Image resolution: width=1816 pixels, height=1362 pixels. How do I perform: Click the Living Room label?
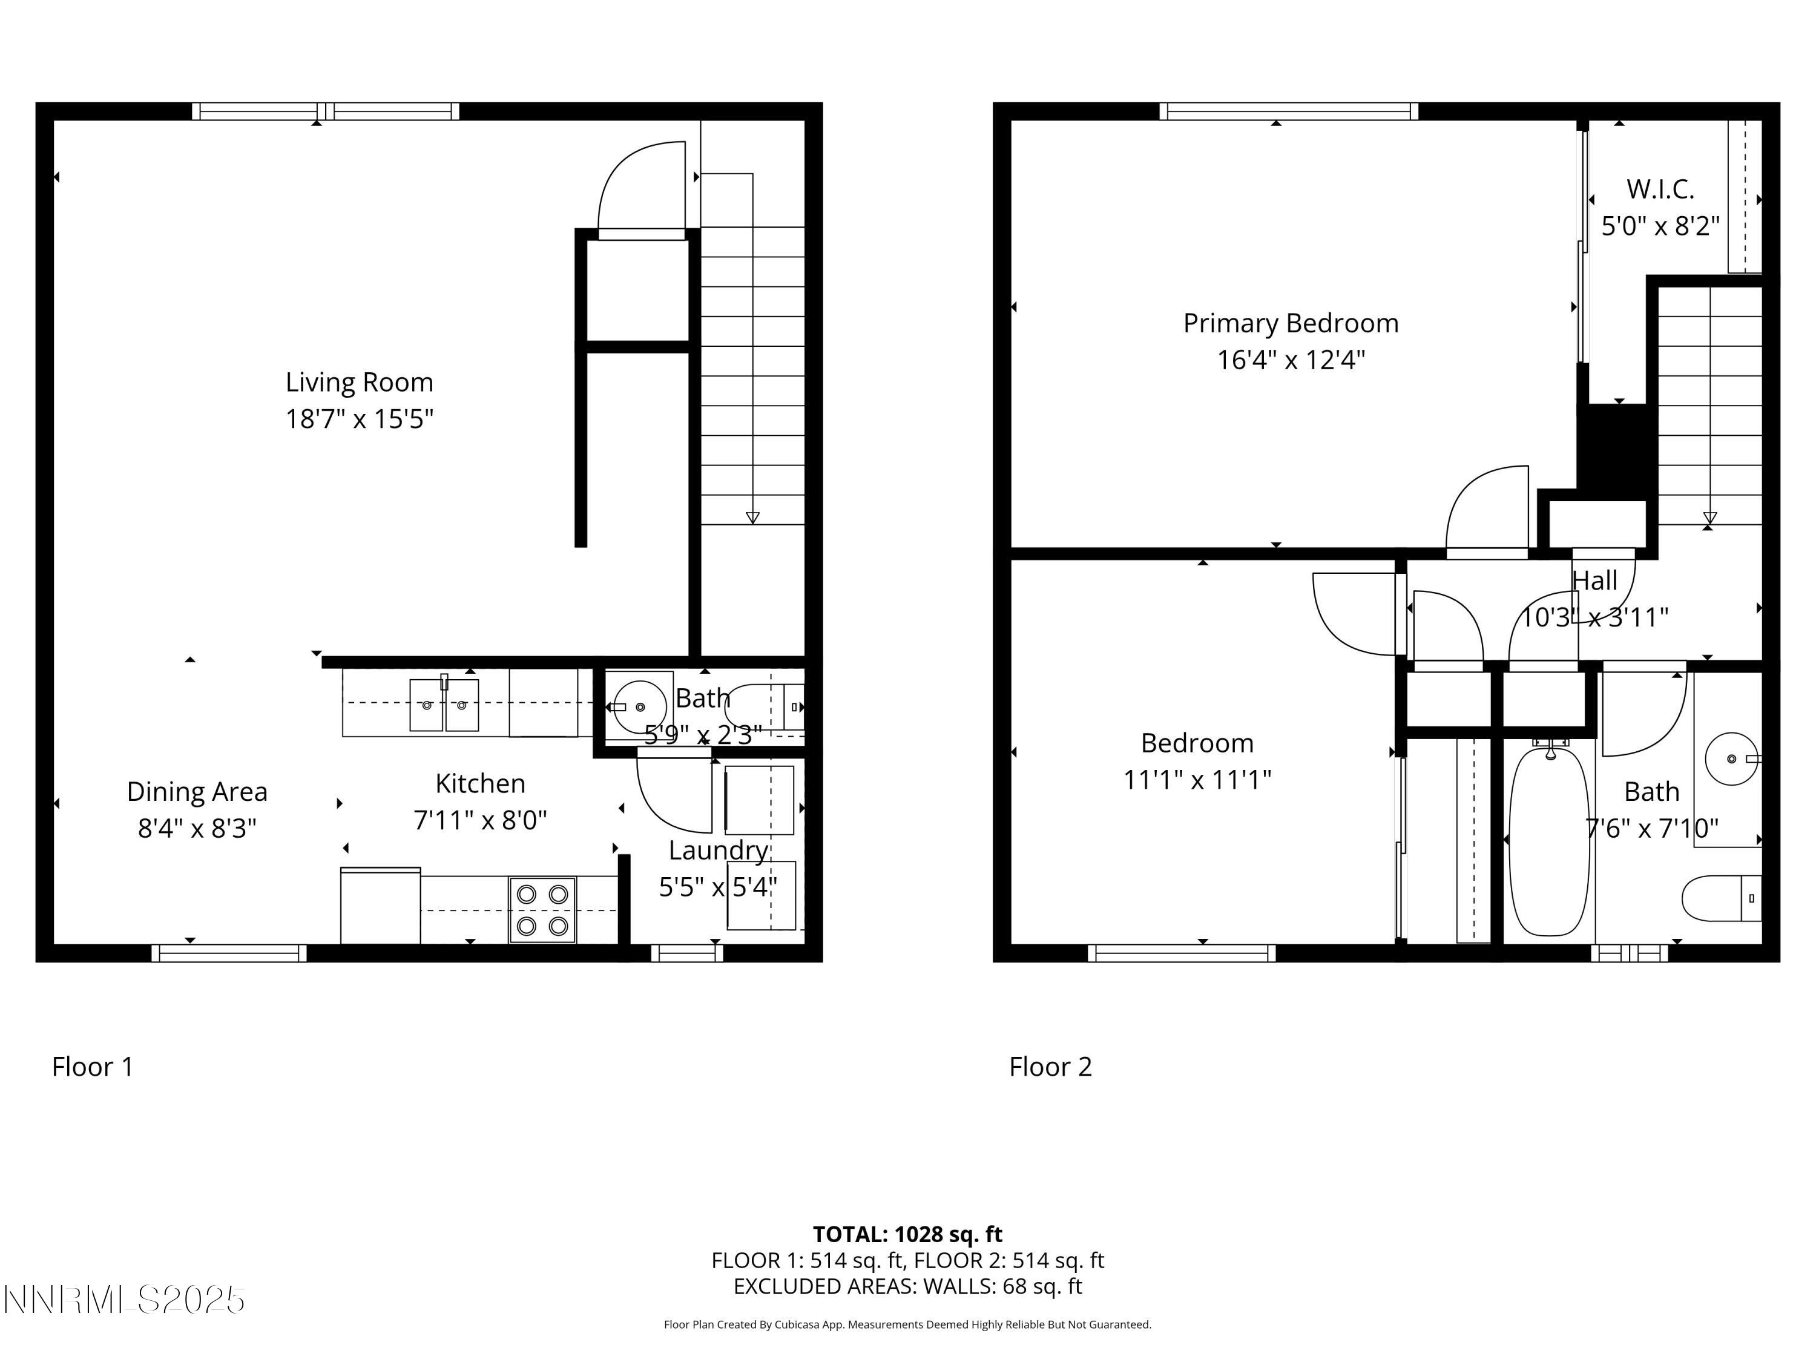point(359,383)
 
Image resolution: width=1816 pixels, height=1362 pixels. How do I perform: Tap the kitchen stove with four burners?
point(542,910)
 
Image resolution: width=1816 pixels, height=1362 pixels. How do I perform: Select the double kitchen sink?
point(444,705)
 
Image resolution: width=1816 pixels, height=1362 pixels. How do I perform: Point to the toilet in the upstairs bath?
point(1720,898)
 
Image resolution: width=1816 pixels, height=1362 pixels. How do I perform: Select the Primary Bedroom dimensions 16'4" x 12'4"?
point(1291,360)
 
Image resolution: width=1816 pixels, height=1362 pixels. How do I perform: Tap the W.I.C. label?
point(1660,189)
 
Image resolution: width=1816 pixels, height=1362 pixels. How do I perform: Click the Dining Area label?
point(197,791)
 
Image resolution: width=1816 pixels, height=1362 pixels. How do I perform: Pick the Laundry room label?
point(719,850)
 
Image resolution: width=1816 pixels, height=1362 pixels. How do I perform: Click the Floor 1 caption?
point(92,1067)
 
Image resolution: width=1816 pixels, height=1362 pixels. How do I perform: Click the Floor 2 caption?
point(1050,1067)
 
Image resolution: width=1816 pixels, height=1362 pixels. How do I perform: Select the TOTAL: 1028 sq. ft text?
point(907,1234)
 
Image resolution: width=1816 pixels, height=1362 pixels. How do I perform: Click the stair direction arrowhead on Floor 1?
point(752,517)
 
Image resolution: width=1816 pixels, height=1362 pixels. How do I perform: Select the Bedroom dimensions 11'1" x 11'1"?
point(1197,779)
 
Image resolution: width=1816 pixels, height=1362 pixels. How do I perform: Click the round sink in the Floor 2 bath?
point(1731,758)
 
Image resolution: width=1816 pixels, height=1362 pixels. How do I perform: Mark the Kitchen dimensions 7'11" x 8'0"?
point(480,820)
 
